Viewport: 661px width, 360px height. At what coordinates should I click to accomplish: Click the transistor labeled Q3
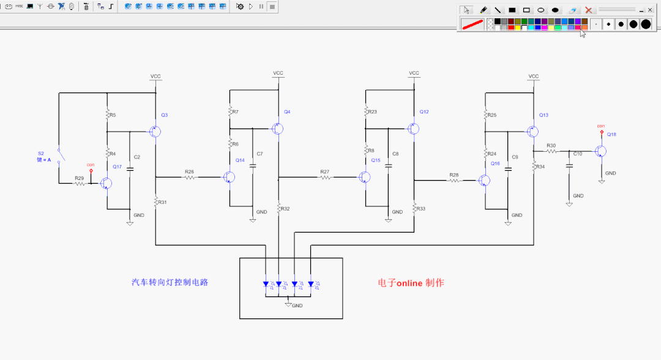pos(155,132)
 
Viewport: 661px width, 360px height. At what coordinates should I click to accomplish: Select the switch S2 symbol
pos(59,156)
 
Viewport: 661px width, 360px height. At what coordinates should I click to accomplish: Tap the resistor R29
pos(80,184)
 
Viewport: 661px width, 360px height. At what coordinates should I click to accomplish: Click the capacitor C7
pos(252,165)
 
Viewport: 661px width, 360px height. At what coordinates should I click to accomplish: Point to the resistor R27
pos(324,178)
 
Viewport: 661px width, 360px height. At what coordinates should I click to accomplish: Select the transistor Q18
pos(602,151)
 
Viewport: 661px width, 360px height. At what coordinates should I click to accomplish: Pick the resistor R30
pos(551,151)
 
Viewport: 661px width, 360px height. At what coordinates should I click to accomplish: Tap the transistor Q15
pos(365,178)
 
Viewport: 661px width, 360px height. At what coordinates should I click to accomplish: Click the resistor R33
pos(414,209)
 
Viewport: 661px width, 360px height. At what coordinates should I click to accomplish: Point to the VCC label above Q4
pos(278,73)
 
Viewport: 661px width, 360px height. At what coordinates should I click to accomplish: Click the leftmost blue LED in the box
pos(266,284)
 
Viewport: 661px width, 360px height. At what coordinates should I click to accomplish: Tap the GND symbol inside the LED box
pos(288,304)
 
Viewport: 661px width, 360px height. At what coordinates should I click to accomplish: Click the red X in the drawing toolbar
pos(588,10)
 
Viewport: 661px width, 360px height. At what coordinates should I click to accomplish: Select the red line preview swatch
pos(472,24)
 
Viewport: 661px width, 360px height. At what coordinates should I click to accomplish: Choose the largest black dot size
pos(646,24)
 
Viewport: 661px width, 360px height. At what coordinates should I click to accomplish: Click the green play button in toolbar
pos(251,6)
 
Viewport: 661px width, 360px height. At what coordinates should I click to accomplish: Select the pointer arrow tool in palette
pos(466,10)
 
